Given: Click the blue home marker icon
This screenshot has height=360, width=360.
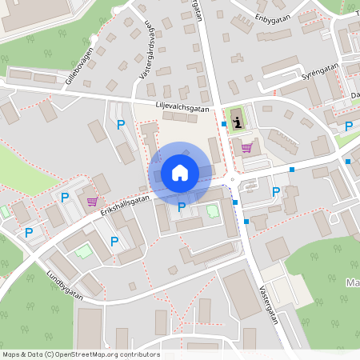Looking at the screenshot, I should click(179, 172).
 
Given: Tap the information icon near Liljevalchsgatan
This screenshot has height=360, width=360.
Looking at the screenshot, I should click(238, 122).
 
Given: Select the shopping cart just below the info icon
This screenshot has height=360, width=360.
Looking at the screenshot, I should click(246, 146).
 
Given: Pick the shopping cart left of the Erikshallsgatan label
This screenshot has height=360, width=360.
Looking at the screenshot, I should click(92, 202).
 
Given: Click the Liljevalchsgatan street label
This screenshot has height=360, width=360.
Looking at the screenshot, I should click(183, 106).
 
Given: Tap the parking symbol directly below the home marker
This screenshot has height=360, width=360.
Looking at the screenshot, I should click(182, 206).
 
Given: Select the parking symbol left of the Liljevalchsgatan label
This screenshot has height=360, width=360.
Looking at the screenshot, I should click(121, 124).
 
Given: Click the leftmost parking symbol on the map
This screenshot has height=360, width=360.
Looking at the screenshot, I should click(29, 232).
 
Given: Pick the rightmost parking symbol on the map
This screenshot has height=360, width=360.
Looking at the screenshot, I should click(348, 126).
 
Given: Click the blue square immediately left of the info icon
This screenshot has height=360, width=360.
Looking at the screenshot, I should click(223, 123).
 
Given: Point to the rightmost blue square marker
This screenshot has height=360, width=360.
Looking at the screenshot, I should click(348, 161).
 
